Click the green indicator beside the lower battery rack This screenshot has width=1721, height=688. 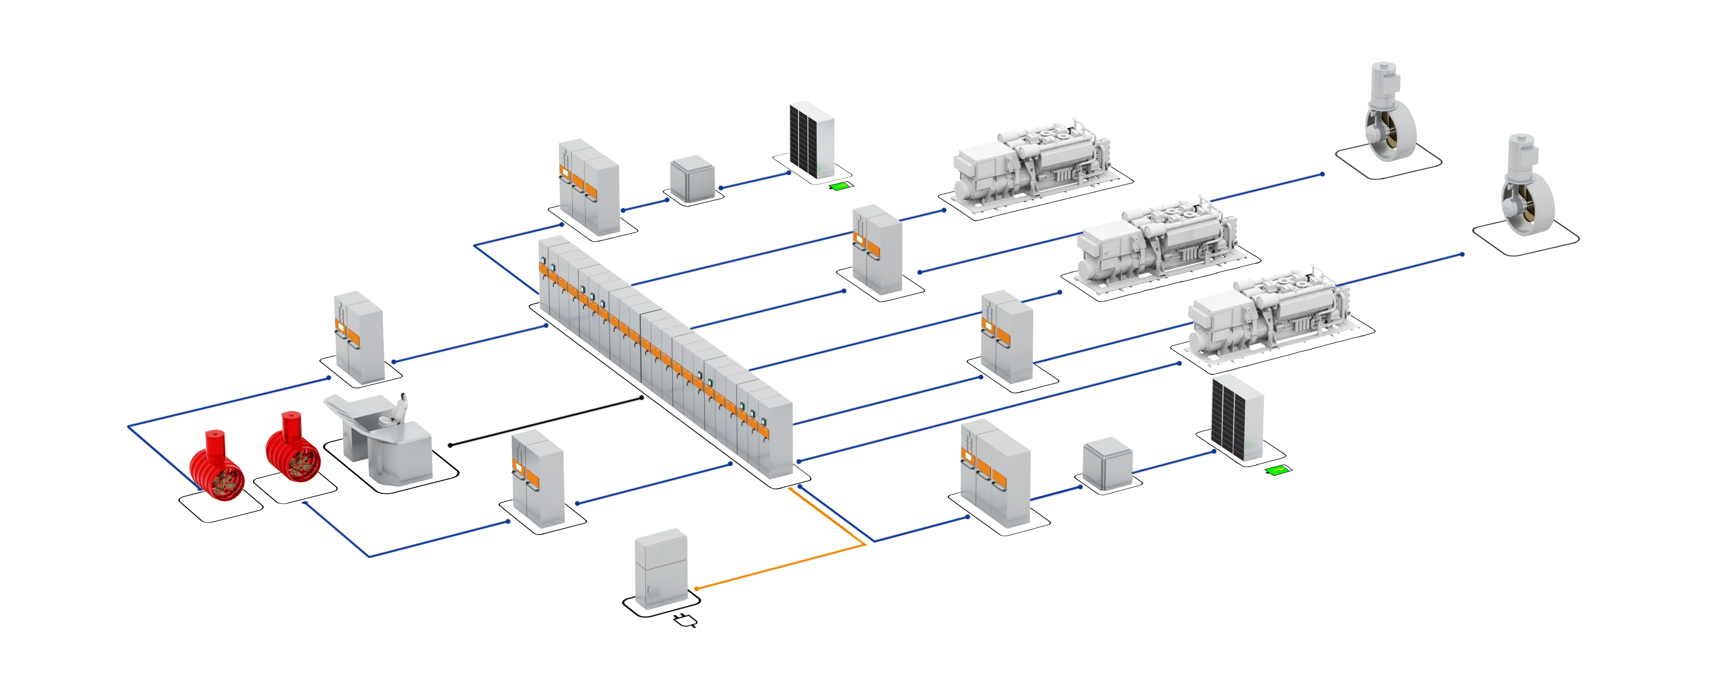pos(1276,470)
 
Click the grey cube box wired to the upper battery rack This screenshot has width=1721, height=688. pos(692,178)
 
